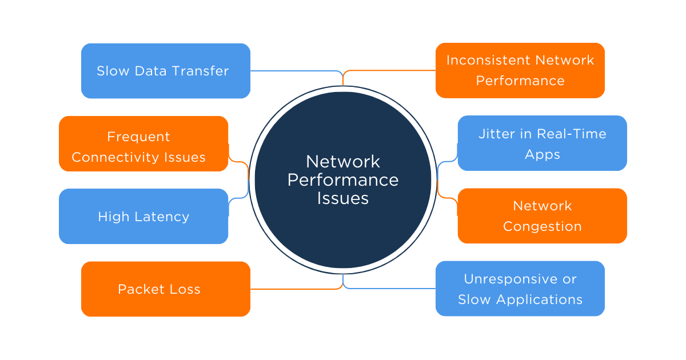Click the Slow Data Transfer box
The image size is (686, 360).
pos(165,71)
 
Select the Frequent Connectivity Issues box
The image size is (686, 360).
pos(143,143)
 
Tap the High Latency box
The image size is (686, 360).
pos(143,217)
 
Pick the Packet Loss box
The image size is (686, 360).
pos(165,289)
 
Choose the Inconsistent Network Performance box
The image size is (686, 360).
pos(520,70)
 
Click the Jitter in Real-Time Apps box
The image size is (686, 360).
pos(542,143)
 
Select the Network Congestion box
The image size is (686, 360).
pos(542,216)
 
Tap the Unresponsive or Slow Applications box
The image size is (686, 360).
pos(520,289)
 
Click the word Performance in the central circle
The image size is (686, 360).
pos(342,180)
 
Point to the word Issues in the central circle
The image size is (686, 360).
pos(342,198)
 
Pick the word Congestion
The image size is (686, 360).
pos(542,227)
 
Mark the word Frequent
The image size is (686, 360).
pos(138,137)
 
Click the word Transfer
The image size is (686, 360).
pos(203,71)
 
